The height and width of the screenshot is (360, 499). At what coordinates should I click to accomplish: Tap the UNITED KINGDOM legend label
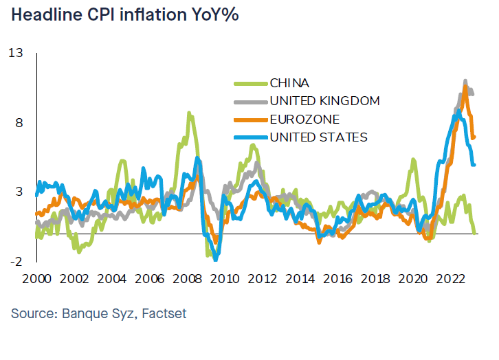coord(324,101)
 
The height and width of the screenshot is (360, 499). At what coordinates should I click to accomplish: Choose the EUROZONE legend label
coord(304,120)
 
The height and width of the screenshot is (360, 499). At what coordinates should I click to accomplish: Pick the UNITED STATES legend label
coord(318,137)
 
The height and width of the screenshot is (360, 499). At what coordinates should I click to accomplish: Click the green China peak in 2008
coord(189,113)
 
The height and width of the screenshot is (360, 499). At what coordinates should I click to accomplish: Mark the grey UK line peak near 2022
coord(465,81)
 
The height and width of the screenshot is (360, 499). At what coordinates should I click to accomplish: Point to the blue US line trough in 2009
coord(216,259)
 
